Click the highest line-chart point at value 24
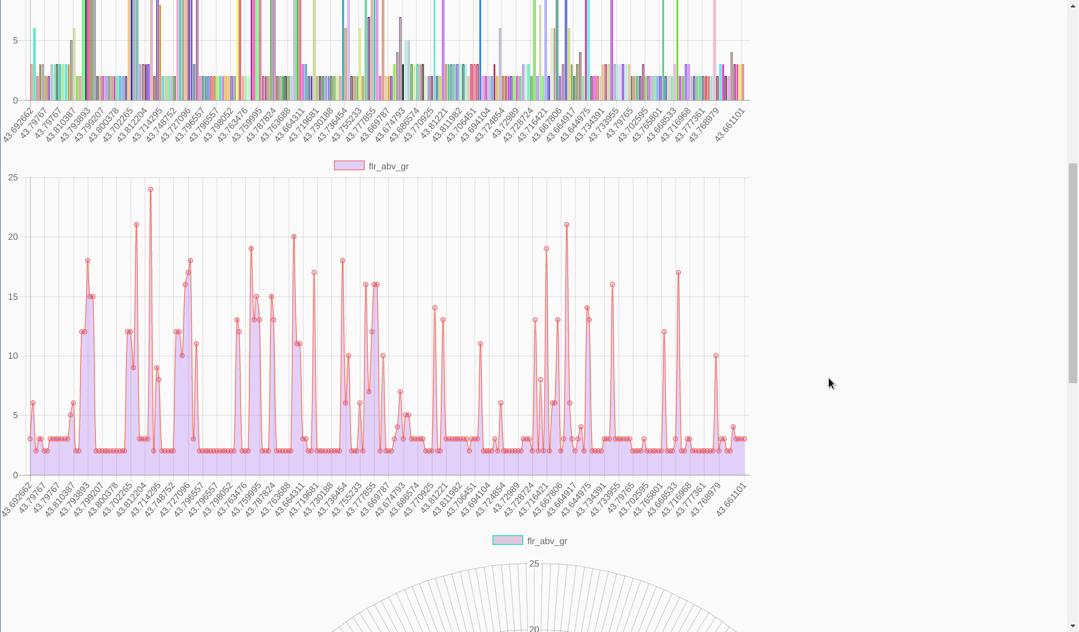(x=150, y=190)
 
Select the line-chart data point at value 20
(x=294, y=237)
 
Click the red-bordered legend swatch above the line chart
(x=349, y=166)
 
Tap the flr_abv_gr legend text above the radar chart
(x=547, y=541)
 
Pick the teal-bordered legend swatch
(x=507, y=541)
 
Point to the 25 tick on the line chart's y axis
(x=13, y=178)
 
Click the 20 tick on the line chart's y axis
(x=13, y=237)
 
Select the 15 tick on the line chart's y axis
(x=13, y=297)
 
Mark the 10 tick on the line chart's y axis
(x=13, y=356)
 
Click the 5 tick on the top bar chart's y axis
(x=15, y=40)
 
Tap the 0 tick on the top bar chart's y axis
(x=15, y=100)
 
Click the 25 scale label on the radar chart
(x=534, y=564)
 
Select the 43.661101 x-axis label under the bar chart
(x=730, y=125)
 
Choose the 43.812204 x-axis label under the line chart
(x=132, y=499)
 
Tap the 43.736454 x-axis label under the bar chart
(x=332, y=125)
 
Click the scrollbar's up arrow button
(x=1073, y=6)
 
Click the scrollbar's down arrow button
(x=1073, y=626)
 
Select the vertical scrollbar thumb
(x=1073, y=273)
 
